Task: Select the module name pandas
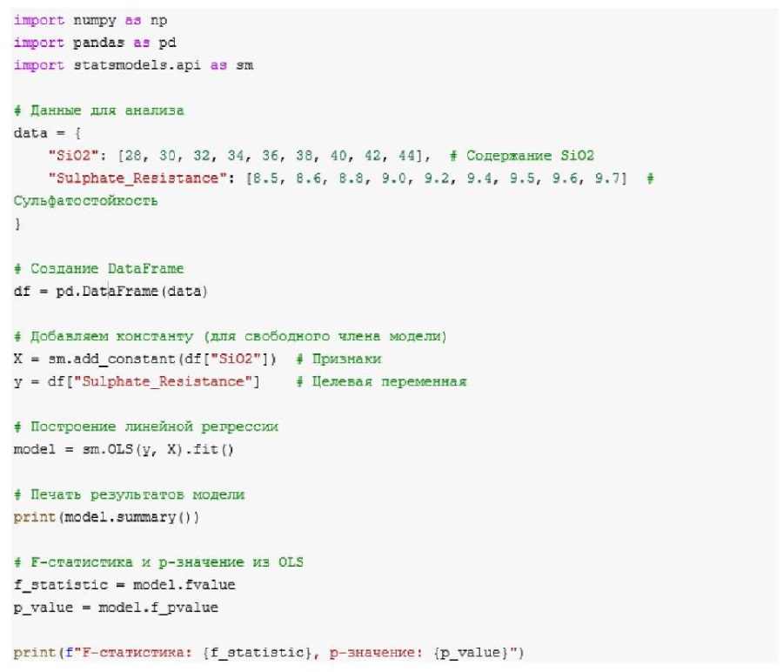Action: click(85, 42)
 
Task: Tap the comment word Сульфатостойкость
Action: click(85, 201)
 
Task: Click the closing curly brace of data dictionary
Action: click(17, 224)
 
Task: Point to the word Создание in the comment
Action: click(57, 269)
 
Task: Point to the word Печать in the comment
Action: click(51, 495)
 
